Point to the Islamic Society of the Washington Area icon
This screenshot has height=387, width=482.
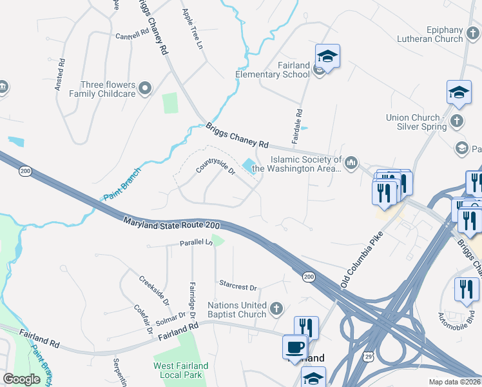pos(351,162)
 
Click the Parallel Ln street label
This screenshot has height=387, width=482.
pos(196,243)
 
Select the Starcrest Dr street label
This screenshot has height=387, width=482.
pos(238,286)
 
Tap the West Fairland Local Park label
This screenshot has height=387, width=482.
pos(180,370)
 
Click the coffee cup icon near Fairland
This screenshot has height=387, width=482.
pos(295,346)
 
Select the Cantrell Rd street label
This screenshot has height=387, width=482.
pos(131,36)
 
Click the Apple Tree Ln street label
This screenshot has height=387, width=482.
pos(192,30)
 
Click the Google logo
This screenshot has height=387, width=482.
pos(21,379)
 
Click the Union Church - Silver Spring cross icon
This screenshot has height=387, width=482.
pos(457,121)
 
